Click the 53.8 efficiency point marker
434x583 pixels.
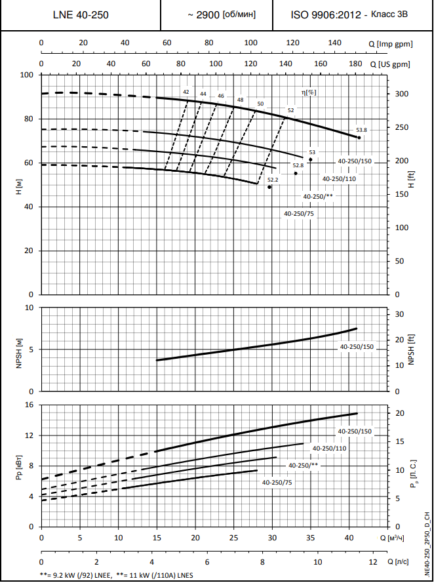(x=359, y=137)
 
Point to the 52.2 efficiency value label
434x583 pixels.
(x=273, y=179)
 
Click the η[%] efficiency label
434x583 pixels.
(x=308, y=92)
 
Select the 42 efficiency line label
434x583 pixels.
(x=186, y=92)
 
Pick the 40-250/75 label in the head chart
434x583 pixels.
(x=298, y=214)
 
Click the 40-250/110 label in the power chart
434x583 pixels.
(x=329, y=448)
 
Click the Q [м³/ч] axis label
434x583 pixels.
(x=392, y=537)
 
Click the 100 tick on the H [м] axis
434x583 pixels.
(x=28, y=75)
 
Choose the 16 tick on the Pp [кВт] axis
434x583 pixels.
(x=29, y=405)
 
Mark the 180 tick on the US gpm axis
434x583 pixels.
(x=355, y=64)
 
